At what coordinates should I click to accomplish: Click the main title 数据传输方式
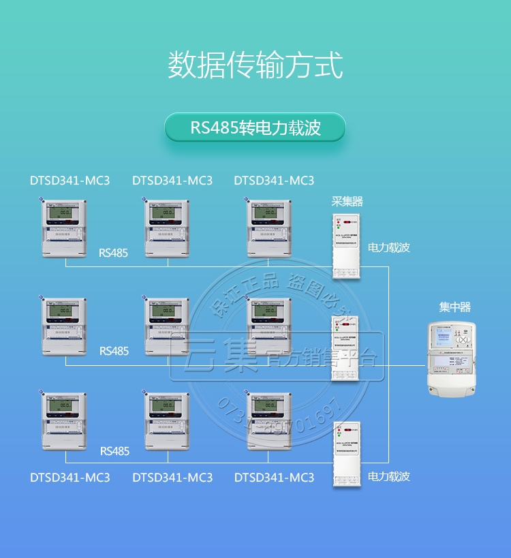pyautogui.click(x=255, y=64)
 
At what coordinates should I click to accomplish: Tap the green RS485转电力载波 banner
pyautogui.click(x=255, y=127)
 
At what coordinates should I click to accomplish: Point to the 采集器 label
pyautogui.click(x=347, y=201)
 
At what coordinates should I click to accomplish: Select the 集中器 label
pyautogui.click(x=454, y=307)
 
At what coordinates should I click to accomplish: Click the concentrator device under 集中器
pyautogui.click(x=454, y=359)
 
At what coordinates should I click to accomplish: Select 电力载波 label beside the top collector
pyautogui.click(x=389, y=248)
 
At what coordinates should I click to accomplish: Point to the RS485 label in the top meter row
pyautogui.click(x=113, y=253)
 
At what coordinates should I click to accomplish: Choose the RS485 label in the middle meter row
pyautogui.click(x=114, y=352)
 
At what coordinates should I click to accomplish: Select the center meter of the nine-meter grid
pyautogui.click(x=168, y=326)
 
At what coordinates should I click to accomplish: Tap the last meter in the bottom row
pyautogui.click(x=270, y=420)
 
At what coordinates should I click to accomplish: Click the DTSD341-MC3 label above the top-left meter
pyautogui.click(x=69, y=181)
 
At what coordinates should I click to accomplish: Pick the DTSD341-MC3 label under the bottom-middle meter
pyautogui.click(x=172, y=478)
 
